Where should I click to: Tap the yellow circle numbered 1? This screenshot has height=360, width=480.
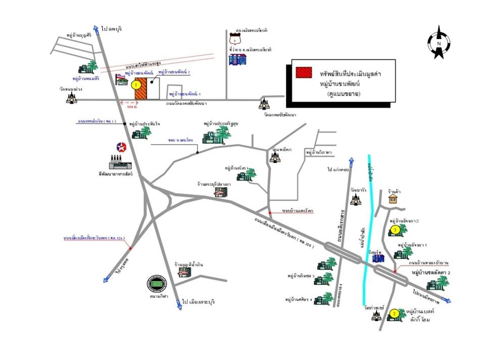135,85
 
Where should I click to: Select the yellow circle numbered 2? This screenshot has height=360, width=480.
394,314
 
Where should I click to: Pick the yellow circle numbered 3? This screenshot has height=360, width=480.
396,231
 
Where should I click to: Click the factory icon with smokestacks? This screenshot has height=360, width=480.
120,162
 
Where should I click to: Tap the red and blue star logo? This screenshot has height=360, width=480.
121,147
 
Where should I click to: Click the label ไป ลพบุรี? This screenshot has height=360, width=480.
112,29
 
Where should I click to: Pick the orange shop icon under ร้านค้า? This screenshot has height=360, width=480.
393,199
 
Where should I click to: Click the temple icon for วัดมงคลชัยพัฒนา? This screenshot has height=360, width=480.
263,105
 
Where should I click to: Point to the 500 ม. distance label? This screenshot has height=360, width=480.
133,107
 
